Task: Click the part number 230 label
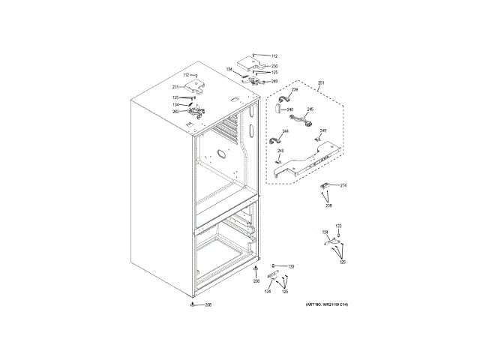(x=274, y=66)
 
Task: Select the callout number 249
(x=274, y=81)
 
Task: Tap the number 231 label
(x=175, y=88)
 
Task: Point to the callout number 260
(x=175, y=112)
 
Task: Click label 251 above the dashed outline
(x=321, y=82)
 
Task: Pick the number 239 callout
(x=295, y=91)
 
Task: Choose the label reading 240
(x=289, y=110)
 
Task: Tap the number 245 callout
(x=310, y=110)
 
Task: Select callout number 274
(x=343, y=185)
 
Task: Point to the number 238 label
(x=328, y=205)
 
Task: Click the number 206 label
(x=256, y=280)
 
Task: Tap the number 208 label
(x=208, y=304)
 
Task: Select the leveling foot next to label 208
(x=193, y=304)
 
